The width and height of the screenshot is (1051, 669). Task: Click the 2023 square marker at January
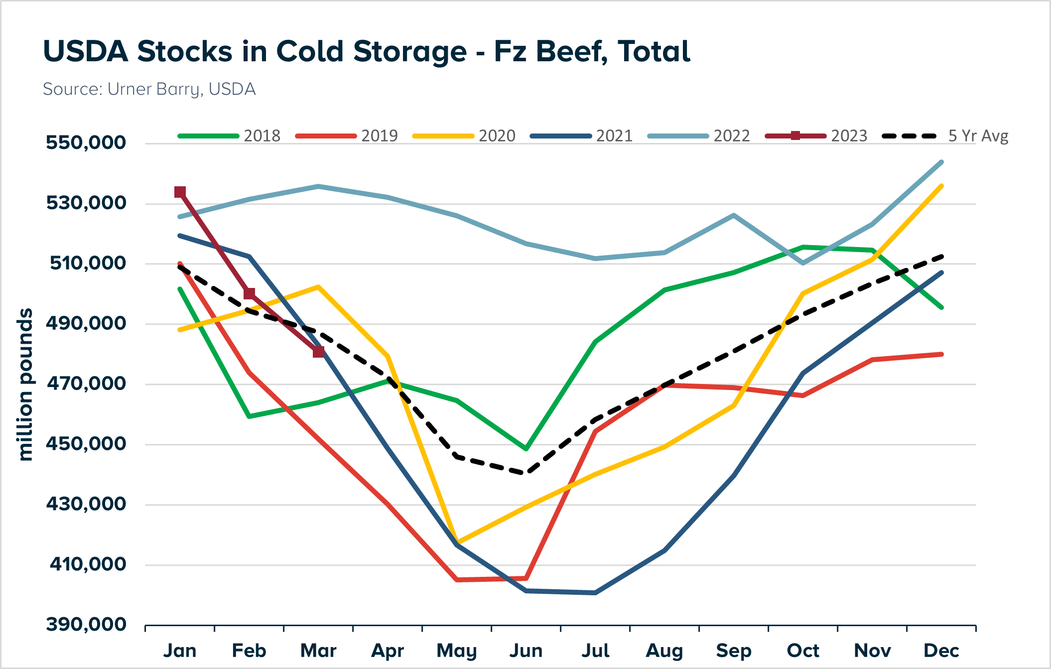pyautogui.click(x=180, y=192)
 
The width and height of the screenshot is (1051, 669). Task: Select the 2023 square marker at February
pyautogui.click(x=250, y=294)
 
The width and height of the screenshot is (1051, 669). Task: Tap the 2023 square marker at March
pyautogui.click(x=319, y=352)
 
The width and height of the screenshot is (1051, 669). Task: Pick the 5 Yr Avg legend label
pyautogui.click(x=978, y=136)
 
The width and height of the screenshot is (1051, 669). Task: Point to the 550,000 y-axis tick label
pyautogui.click(x=86, y=142)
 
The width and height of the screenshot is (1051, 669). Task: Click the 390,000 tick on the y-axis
pyautogui.click(x=86, y=624)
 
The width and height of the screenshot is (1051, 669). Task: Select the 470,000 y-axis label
pyautogui.click(x=86, y=384)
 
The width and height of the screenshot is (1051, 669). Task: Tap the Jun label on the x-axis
pyautogui.click(x=526, y=651)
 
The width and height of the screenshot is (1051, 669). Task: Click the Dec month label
pyautogui.click(x=941, y=651)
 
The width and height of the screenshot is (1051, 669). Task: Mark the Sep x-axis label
pyautogui.click(x=734, y=651)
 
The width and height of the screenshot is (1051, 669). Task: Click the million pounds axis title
pyautogui.click(x=25, y=385)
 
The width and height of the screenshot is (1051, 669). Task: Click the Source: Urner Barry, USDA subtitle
pyautogui.click(x=149, y=89)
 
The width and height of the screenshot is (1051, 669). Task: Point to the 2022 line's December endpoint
pyautogui.click(x=941, y=162)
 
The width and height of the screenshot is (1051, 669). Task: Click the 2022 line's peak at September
pyautogui.click(x=734, y=215)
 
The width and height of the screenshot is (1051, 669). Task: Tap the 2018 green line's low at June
pyautogui.click(x=526, y=449)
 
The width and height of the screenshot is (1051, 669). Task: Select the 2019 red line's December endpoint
pyautogui.click(x=941, y=354)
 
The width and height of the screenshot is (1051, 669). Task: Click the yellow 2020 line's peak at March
pyautogui.click(x=318, y=286)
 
